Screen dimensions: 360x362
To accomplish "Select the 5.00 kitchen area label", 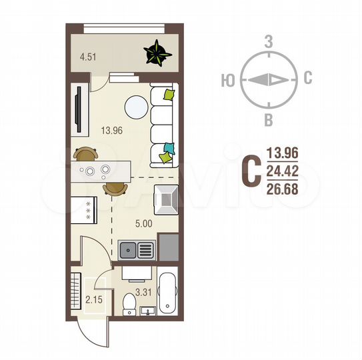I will (x=143, y=223).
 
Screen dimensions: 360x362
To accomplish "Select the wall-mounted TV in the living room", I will (x=79, y=110).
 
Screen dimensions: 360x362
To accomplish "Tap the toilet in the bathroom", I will (x=131, y=303).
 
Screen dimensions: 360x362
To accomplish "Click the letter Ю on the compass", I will (x=227, y=79).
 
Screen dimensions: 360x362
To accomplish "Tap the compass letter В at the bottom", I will (x=269, y=119).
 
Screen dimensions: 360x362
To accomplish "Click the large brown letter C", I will (x=249, y=171).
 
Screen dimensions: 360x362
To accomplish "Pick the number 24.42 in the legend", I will (x=282, y=171).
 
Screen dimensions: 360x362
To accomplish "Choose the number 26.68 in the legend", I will (x=282, y=189).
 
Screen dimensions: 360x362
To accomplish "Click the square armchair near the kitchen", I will (x=165, y=197).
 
